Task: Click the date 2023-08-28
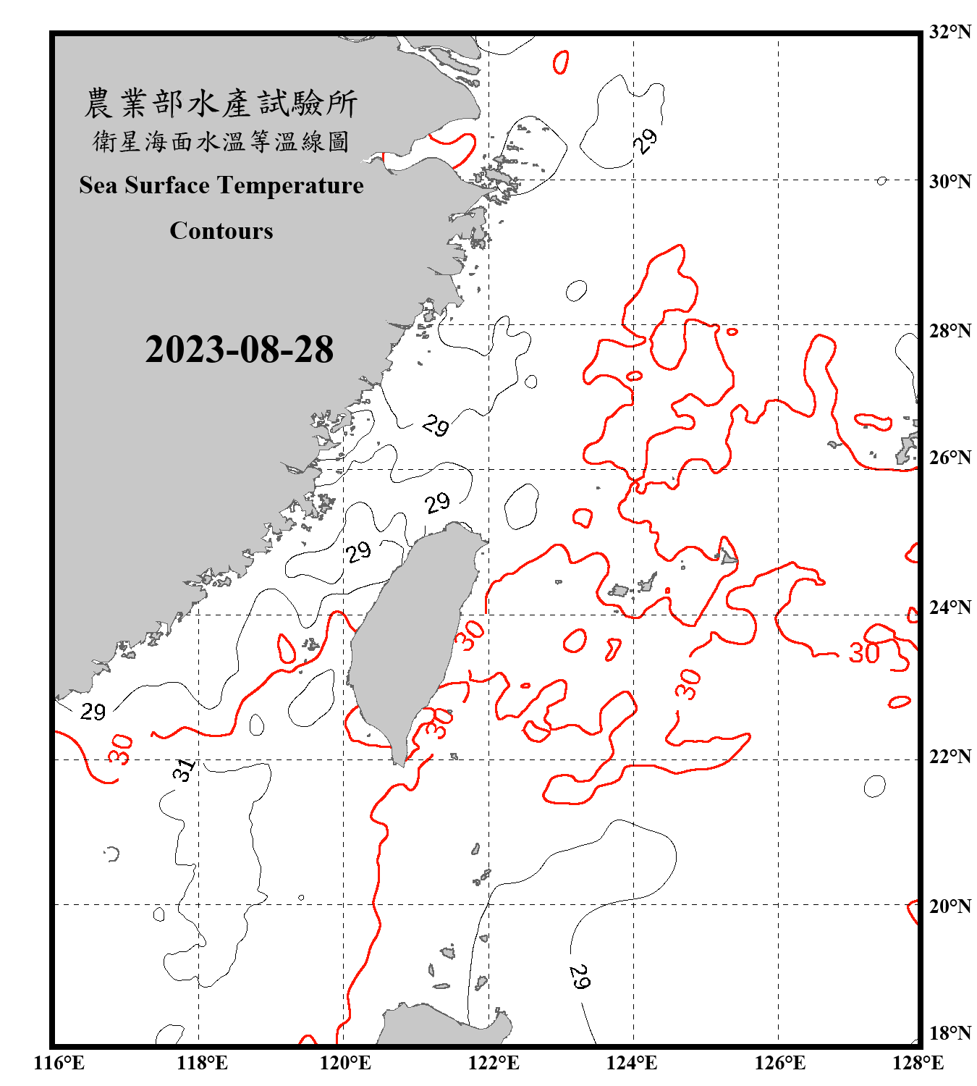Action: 239,350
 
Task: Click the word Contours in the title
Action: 221,231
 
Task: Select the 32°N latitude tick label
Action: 949,32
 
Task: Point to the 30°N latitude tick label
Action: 949,181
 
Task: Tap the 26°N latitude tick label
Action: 949,458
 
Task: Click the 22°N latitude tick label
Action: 949,757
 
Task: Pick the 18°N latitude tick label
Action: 949,1033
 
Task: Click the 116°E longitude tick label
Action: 59,1063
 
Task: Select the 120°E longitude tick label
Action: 345,1063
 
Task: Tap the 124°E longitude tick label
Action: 632,1063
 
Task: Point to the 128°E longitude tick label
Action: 918,1063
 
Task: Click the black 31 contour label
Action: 185,770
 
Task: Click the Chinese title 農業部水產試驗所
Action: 221,104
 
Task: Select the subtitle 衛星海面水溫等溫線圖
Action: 221,141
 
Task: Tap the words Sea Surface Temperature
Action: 221,185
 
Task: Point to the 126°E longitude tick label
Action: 779,1063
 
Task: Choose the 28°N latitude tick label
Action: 949,331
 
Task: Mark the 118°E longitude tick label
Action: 202,1063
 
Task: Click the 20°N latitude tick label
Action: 949,906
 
